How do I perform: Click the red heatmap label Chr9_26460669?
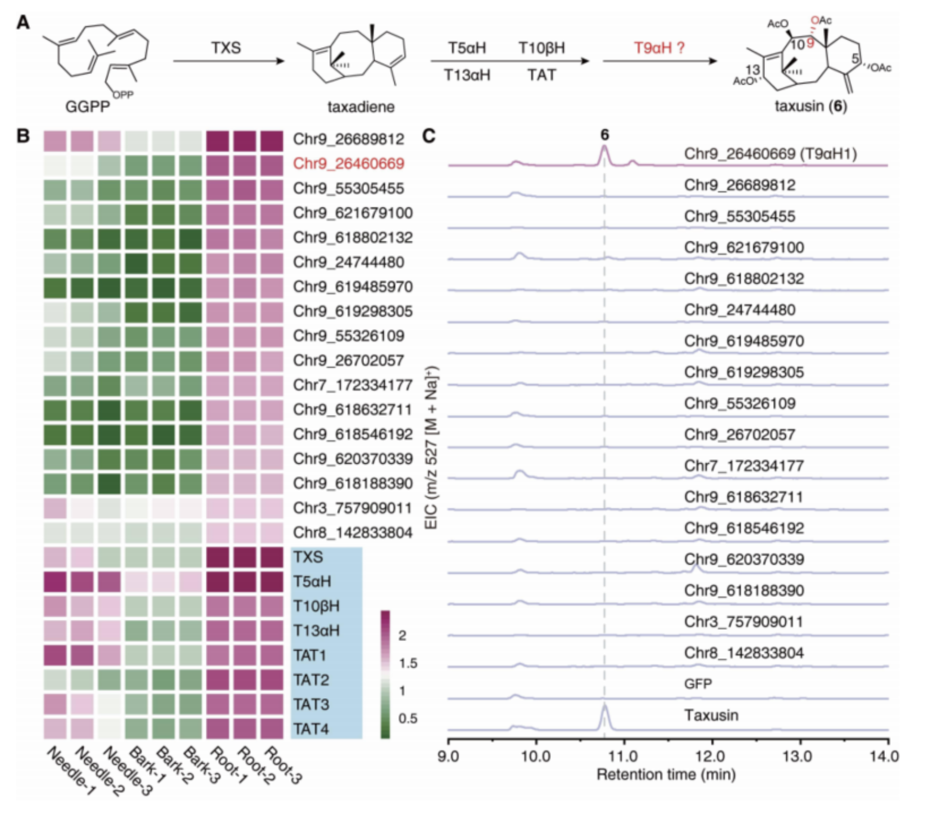(x=348, y=163)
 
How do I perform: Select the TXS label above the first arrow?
(x=226, y=48)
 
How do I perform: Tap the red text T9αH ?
(x=659, y=48)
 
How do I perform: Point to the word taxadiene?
(x=361, y=107)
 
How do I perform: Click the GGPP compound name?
(x=88, y=107)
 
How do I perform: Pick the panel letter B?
(x=23, y=136)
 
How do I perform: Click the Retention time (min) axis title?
(x=666, y=774)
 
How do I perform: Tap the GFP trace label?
(x=698, y=684)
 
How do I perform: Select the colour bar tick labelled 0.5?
(x=408, y=718)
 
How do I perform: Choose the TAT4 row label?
(x=311, y=729)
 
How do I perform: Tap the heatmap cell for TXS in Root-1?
(x=218, y=557)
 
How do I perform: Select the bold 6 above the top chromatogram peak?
(x=605, y=135)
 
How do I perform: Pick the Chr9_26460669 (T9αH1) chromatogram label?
(x=770, y=154)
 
